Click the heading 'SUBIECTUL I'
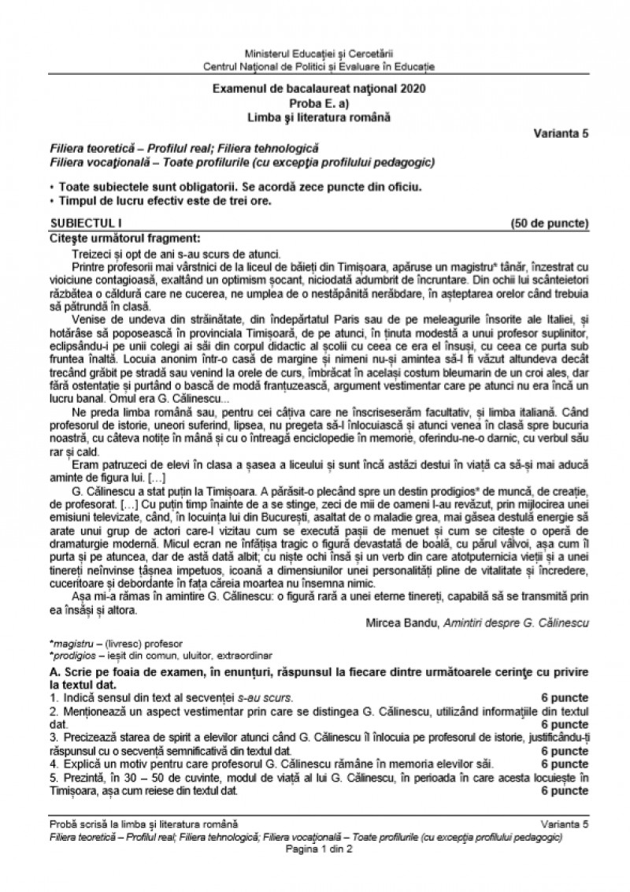[x=76, y=223]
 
